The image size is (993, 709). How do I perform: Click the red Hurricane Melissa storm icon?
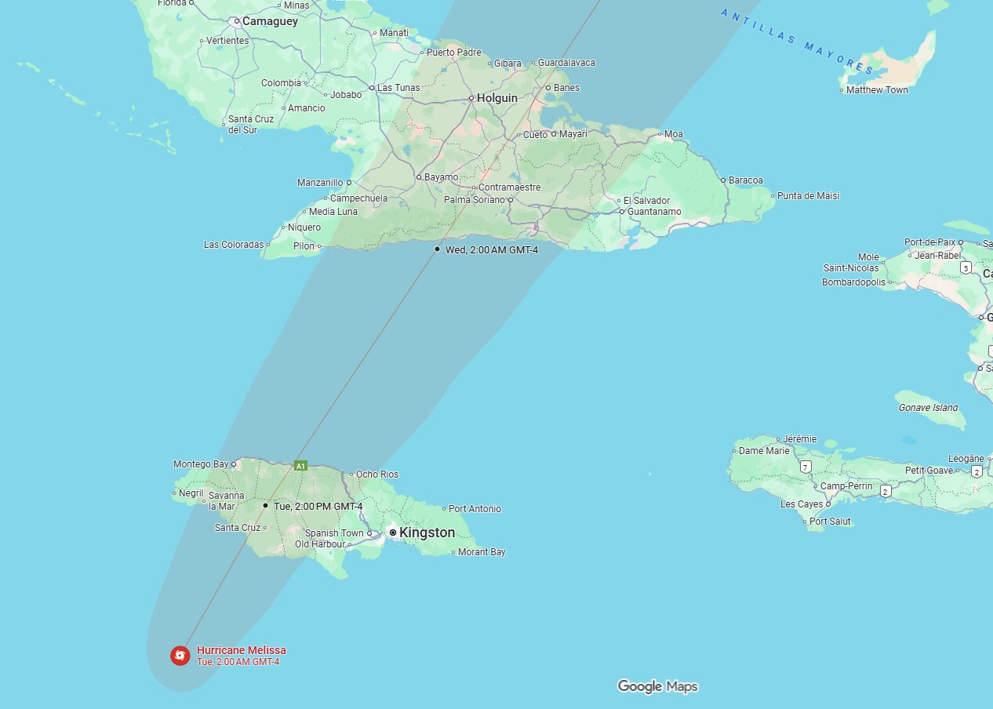coord(180,655)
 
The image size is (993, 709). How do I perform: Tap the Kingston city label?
coord(427,533)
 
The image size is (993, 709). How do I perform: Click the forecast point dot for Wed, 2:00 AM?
coord(437,249)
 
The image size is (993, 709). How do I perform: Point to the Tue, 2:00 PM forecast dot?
coord(265,506)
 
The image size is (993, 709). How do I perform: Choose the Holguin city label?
coord(497,98)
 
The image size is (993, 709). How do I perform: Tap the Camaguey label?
coord(270,22)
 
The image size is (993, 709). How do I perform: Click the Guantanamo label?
coord(652,212)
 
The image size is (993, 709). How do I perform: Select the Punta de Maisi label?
coord(808,196)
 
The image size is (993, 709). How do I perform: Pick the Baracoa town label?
coord(745,180)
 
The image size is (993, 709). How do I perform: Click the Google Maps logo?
coord(657,687)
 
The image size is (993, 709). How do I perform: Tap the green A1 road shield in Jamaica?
coord(300,466)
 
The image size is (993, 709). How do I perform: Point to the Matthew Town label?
coord(877,90)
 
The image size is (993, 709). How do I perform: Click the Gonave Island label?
coord(929,408)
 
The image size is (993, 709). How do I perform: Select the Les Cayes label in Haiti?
coord(802,504)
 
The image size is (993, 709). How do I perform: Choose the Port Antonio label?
coord(475,509)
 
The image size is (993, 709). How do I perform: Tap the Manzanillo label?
coord(320,183)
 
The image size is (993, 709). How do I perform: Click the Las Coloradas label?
coord(234,245)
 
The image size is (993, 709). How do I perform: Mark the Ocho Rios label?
coord(377,474)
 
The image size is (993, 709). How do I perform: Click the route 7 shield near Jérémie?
coord(806,467)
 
